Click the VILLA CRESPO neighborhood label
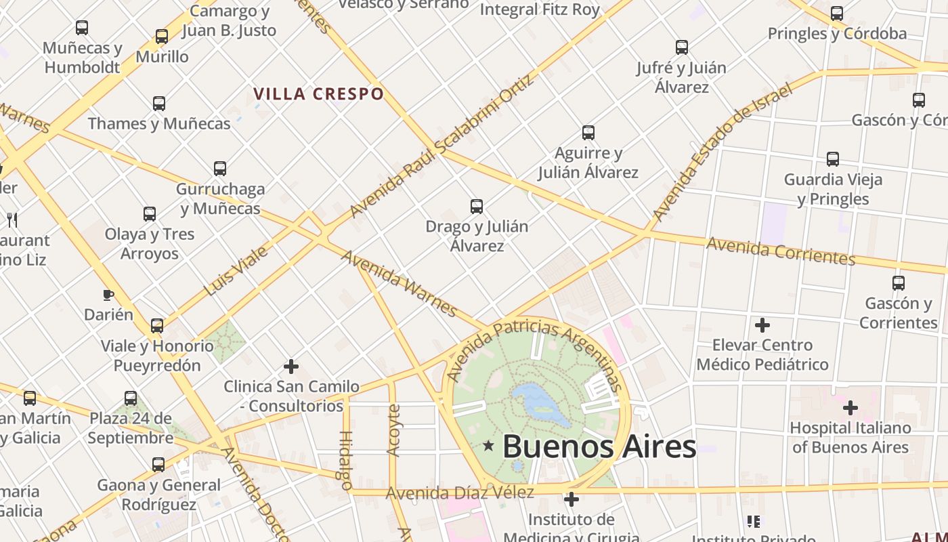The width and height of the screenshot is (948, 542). (318, 93)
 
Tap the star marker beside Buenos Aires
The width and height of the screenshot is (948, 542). (488, 446)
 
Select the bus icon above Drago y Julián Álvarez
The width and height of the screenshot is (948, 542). (477, 206)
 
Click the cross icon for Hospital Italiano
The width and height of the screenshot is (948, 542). (850, 408)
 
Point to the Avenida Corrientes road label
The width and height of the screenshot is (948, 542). (780, 251)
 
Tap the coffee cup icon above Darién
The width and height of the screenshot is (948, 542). (108, 295)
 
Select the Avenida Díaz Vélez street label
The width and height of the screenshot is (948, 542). (460, 493)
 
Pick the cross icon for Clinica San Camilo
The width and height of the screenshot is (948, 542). (291, 367)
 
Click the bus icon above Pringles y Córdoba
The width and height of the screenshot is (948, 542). (837, 14)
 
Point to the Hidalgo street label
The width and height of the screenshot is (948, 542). (345, 461)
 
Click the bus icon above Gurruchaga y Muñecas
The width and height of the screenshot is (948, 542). (220, 169)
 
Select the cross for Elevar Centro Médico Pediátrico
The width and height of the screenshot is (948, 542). (762, 325)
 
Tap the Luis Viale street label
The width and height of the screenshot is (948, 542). (236, 271)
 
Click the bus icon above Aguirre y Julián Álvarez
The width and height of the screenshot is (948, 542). (588, 133)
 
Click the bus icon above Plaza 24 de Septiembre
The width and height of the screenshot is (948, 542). (131, 398)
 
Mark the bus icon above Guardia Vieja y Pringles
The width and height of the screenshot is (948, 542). (833, 159)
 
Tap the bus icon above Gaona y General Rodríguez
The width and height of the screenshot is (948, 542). (158, 465)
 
